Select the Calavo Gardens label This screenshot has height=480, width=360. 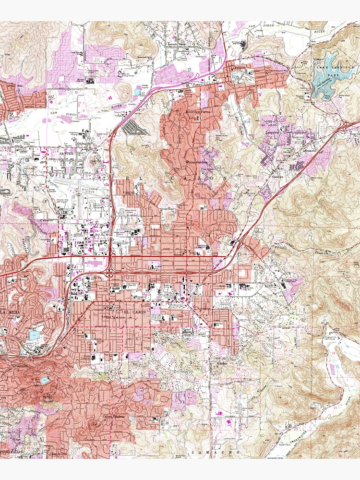coord(114,416)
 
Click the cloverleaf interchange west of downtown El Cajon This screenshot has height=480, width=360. coord(109,273)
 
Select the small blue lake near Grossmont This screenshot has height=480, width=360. coord(44,381)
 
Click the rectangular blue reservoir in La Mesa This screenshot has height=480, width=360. coord(34,335)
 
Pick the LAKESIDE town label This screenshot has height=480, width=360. coord(239,68)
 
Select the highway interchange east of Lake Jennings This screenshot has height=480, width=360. coord(348,126)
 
